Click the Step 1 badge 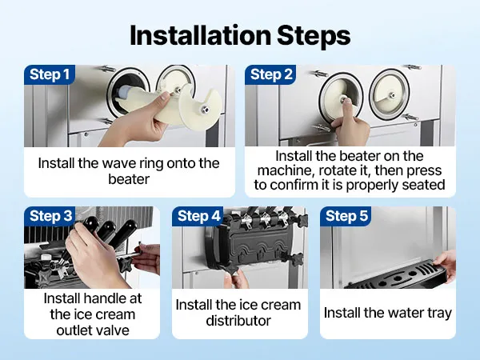(x=50, y=74)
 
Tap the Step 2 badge (x=271, y=74)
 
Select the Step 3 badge (x=50, y=216)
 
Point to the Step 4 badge (x=198, y=216)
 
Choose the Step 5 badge (x=346, y=216)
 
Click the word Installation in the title (x=201, y=35)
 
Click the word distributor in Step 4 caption (x=238, y=321)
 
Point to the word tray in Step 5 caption (x=438, y=314)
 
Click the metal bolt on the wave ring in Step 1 (x=203, y=110)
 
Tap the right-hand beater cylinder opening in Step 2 (x=389, y=95)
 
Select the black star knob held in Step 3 (x=126, y=262)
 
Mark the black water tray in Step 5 (x=398, y=275)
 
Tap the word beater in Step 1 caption (x=129, y=179)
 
